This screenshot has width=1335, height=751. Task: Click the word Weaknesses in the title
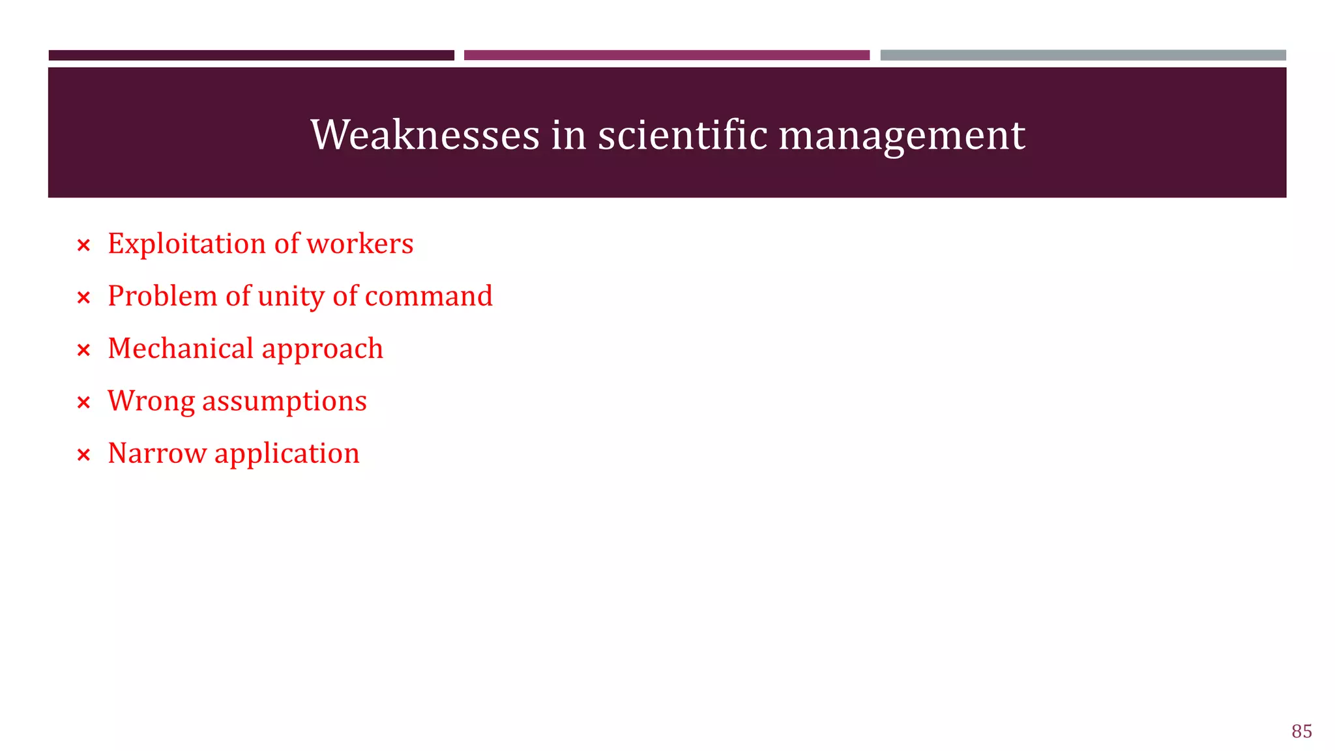click(425, 135)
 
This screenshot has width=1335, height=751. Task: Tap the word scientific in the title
click(682, 135)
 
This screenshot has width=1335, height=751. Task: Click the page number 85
click(1301, 731)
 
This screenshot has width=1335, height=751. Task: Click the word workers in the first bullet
click(360, 244)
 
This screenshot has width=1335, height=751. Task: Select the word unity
click(291, 297)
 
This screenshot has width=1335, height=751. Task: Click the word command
click(428, 296)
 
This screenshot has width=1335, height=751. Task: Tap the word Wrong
click(151, 402)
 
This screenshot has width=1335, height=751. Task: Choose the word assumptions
click(284, 402)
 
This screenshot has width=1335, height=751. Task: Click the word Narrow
click(157, 453)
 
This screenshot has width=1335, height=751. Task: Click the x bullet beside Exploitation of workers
click(83, 246)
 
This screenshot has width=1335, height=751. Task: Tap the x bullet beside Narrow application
click(83, 455)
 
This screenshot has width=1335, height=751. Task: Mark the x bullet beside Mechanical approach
click(83, 351)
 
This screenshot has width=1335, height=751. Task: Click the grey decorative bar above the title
click(1083, 55)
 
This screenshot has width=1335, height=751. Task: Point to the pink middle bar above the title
click(666, 55)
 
